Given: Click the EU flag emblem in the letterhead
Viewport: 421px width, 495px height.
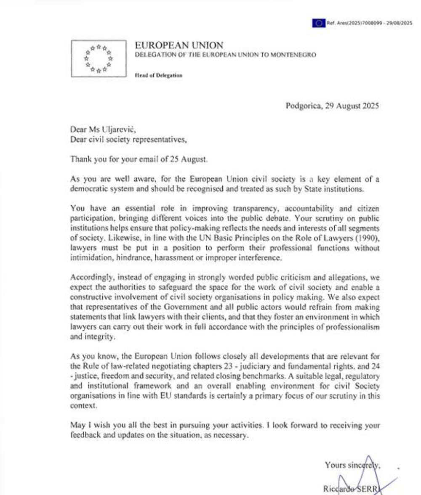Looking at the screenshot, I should [99, 58].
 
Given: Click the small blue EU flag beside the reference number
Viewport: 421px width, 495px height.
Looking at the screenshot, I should [319, 23].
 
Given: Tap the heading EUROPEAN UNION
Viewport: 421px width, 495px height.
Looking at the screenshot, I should [179, 45].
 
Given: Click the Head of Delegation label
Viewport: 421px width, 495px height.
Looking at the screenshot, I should [159, 75].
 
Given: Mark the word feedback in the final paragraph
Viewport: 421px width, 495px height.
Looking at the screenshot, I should [85, 435].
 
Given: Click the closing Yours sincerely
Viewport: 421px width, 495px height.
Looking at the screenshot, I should [353, 465].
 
